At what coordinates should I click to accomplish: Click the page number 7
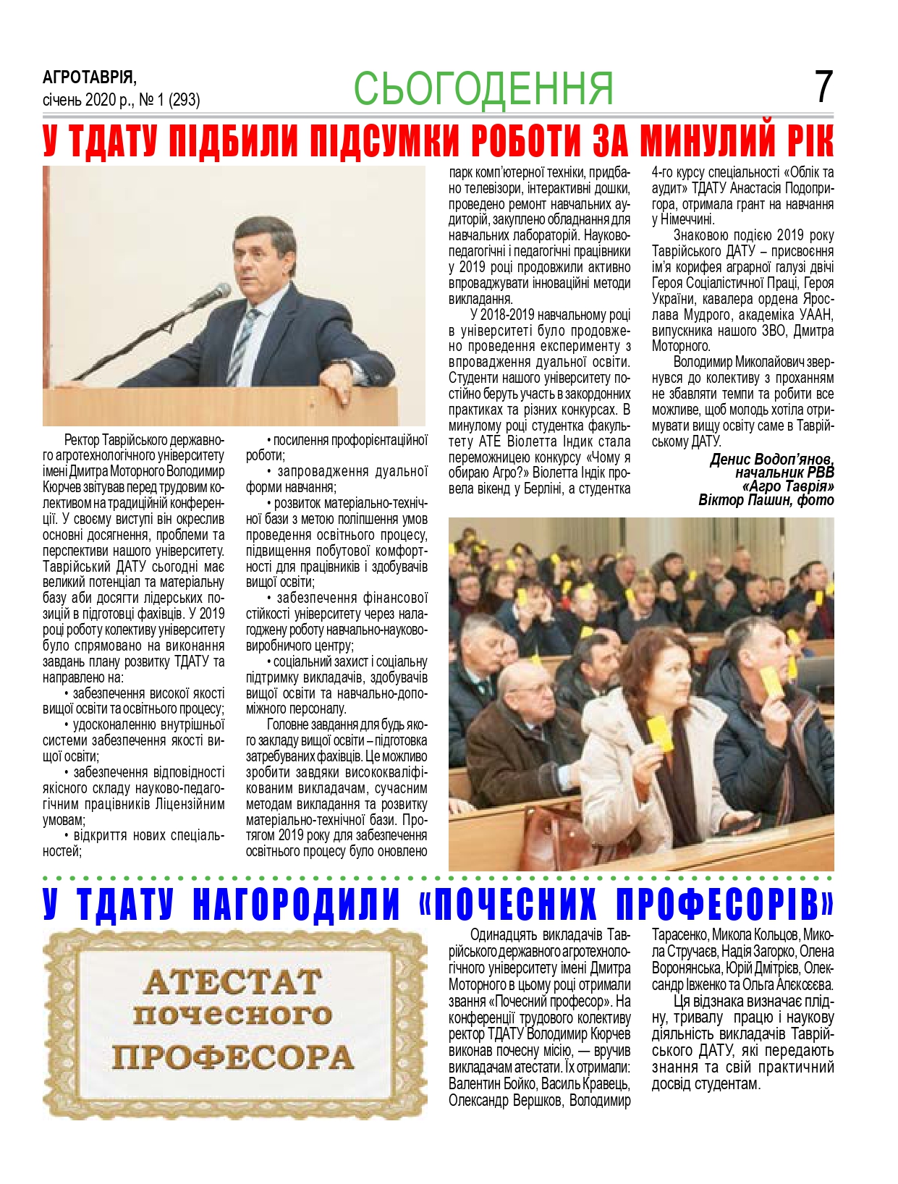tap(823, 87)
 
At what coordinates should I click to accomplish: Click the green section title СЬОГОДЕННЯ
tap(483, 88)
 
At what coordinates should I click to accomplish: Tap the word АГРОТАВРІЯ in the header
tap(89, 77)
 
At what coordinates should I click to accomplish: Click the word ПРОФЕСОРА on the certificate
tap(233, 1057)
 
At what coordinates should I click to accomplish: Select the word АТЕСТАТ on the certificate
tap(233, 982)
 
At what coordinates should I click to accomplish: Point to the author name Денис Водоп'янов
tap(771, 460)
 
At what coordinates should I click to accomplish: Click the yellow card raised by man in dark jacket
tap(771, 682)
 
